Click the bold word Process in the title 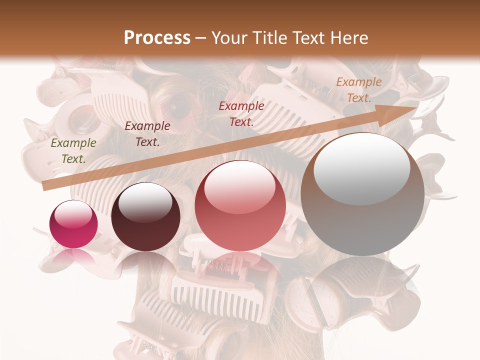[157, 38]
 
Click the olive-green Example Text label [73, 151]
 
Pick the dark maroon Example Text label [147, 134]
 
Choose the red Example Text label [241, 113]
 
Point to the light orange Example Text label [358, 90]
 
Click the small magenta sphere [73, 224]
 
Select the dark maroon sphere [145, 217]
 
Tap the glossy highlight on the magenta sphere [73, 214]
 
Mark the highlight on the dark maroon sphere [145, 201]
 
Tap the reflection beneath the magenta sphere [73, 258]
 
